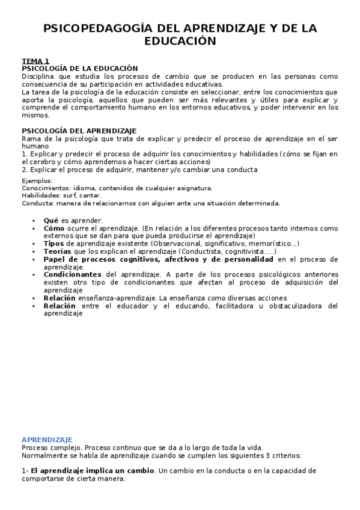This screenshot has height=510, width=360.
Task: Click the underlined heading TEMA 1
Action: (35, 61)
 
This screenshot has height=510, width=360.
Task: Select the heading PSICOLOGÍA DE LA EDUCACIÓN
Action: (80, 69)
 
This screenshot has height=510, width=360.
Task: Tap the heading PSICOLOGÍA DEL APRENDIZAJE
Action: (79, 131)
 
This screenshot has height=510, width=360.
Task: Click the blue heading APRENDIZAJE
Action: (47, 440)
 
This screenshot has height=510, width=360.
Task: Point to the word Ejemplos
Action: (37, 180)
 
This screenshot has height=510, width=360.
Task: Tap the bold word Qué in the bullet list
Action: (51, 221)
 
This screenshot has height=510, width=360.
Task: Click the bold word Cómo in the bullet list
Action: (54, 229)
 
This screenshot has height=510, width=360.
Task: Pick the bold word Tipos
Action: (54, 244)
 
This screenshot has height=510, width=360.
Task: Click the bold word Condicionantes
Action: (72, 274)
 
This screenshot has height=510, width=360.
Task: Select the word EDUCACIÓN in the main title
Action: (180, 41)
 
